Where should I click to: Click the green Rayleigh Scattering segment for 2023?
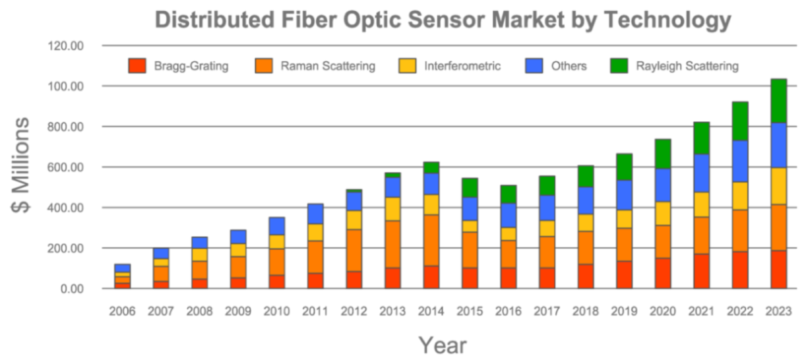[x=779, y=101]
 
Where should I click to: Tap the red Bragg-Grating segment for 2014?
[x=431, y=277]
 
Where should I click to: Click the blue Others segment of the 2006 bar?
[x=123, y=268]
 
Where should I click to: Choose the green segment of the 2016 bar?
[x=509, y=194]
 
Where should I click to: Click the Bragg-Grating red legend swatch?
[x=137, y=66]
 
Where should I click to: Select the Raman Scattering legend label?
[x=328, y=66]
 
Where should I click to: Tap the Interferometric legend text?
[x=462, y=66]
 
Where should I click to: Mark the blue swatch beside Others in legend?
[x=534, y=66]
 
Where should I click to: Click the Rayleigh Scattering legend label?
[x=687, y=66]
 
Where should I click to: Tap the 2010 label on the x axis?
[x=276, y=311]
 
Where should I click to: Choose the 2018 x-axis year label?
[x=586, y=311]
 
